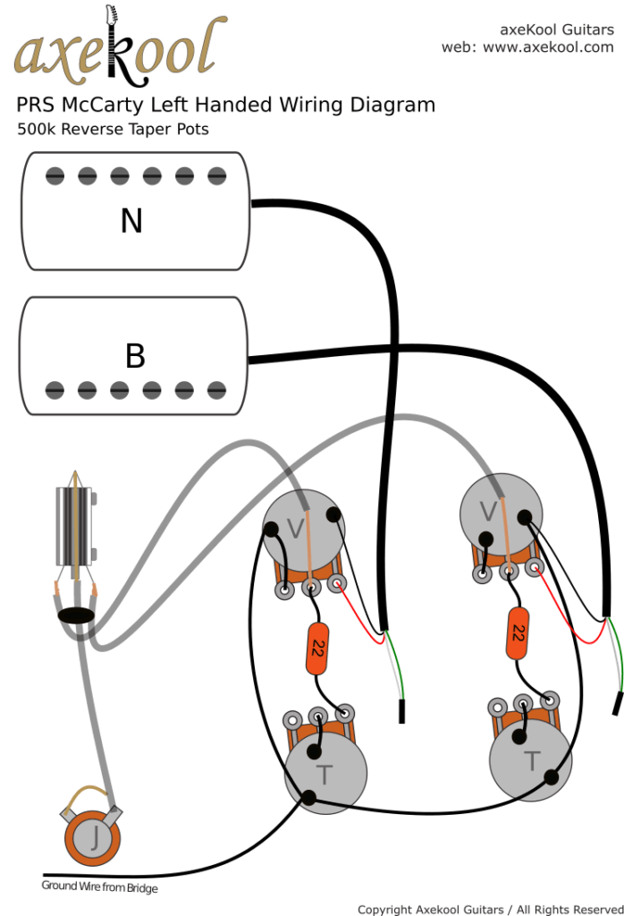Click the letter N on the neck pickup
coord(131,220)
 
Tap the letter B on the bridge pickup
coord(135,356)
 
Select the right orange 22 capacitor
coord(516,633)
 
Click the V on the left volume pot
coord(295,530)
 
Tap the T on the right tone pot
coord(532,761)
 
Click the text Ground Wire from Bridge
coord(99,886)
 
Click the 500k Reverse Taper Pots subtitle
coord(113,129)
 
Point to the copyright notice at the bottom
coord(490,908)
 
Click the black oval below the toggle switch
coord(75,615)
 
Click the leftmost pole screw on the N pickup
coord(55,176)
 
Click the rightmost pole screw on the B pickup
coord(216,390)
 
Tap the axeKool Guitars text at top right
coord(556,29)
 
